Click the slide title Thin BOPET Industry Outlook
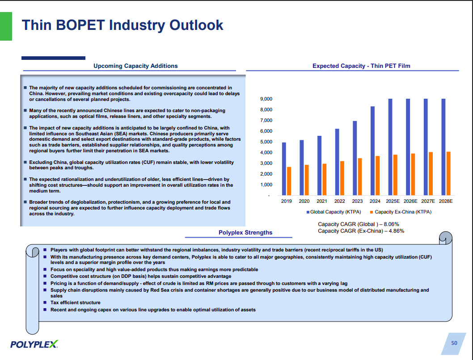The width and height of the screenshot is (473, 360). (x=122, y=25)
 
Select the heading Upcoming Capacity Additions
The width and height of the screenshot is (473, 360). (x=135, y=66)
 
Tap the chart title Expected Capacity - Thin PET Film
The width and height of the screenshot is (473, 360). (x=361, y=66)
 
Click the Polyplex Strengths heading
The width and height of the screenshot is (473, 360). (x=245, y=232)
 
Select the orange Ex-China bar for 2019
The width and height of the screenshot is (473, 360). (x=289, y=181)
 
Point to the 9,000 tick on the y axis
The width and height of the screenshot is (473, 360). (x=266, y=99)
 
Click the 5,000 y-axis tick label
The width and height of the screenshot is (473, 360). (x=266, y=142)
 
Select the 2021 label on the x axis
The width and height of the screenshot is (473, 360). (x=322, y=201)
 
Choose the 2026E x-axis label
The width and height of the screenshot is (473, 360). (x=410, y=201)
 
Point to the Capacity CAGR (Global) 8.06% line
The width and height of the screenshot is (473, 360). (x=358, y=224)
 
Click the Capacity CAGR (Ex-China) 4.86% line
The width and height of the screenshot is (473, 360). (x=361, y=231)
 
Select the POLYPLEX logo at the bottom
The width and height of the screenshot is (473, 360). (x=34, y=344)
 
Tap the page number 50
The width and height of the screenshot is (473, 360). (x=454, y=343)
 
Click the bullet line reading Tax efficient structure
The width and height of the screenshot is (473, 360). (x=75, y=303)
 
